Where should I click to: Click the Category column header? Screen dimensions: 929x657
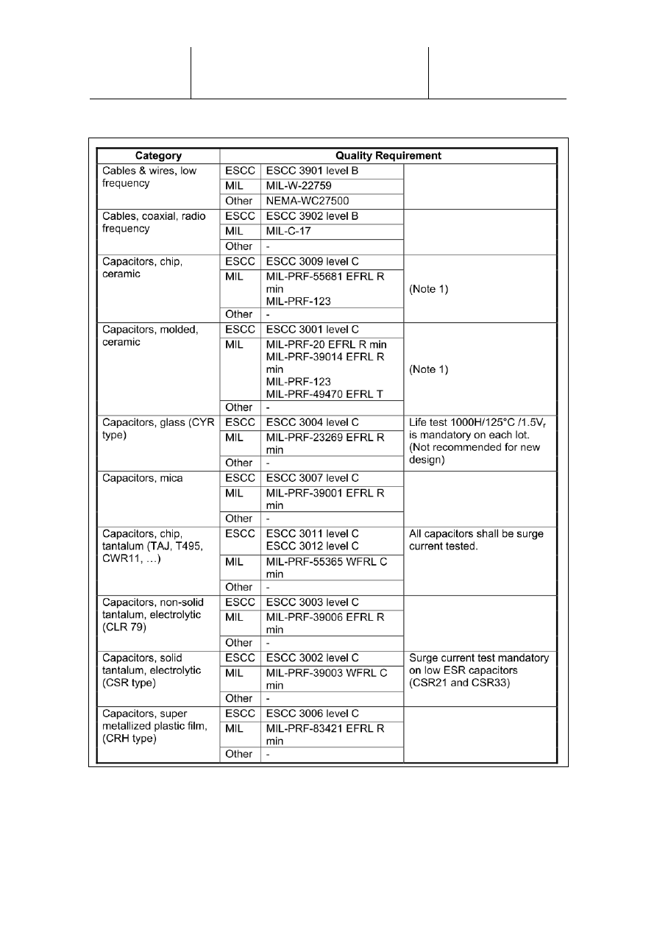(x=158, y=156)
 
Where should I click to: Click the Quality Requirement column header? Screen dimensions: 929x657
(x=388, y=156)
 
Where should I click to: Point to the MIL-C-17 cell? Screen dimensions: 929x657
(x=287, y=231)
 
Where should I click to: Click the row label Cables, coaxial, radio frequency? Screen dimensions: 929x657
(x=152, y=222)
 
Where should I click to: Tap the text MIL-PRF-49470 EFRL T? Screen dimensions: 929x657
(x=324, y=394)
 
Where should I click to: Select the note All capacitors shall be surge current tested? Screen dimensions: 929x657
(x=476, y=540)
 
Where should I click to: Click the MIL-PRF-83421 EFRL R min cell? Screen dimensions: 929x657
(x=324, y=734)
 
